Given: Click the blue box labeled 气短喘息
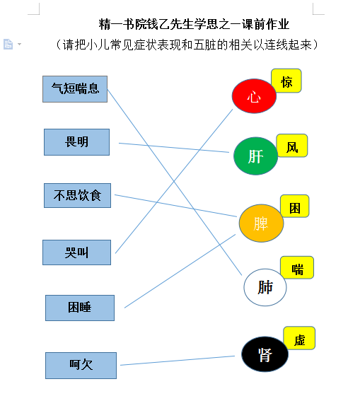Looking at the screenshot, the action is [75, 89].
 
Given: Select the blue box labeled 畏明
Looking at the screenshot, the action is [76, 142].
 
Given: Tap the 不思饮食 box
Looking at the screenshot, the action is [77, 195].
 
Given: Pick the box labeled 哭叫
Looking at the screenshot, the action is [76, 252].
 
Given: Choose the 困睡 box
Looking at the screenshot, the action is [80, 308].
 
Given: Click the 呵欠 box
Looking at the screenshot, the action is [81, 366].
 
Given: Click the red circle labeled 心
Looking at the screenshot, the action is [254, 96].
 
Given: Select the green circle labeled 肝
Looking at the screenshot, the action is [256, 156].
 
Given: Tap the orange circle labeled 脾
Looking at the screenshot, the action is [261, 223].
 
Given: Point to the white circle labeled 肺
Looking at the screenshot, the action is [265, 287].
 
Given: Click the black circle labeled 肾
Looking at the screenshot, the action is [265, 354].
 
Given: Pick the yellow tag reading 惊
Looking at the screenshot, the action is [286, 81].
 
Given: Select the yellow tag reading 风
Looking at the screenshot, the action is [292, 146].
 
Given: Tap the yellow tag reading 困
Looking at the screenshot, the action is [295, 206].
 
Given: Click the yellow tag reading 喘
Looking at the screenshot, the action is [297, 267].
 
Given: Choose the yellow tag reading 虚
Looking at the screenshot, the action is [299, 338].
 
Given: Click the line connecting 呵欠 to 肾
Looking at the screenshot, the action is [178, 361].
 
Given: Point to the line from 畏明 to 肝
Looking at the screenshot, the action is [174, 148].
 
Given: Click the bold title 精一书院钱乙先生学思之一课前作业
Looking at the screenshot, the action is [194, 24].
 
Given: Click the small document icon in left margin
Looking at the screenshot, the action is [8, 44].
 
